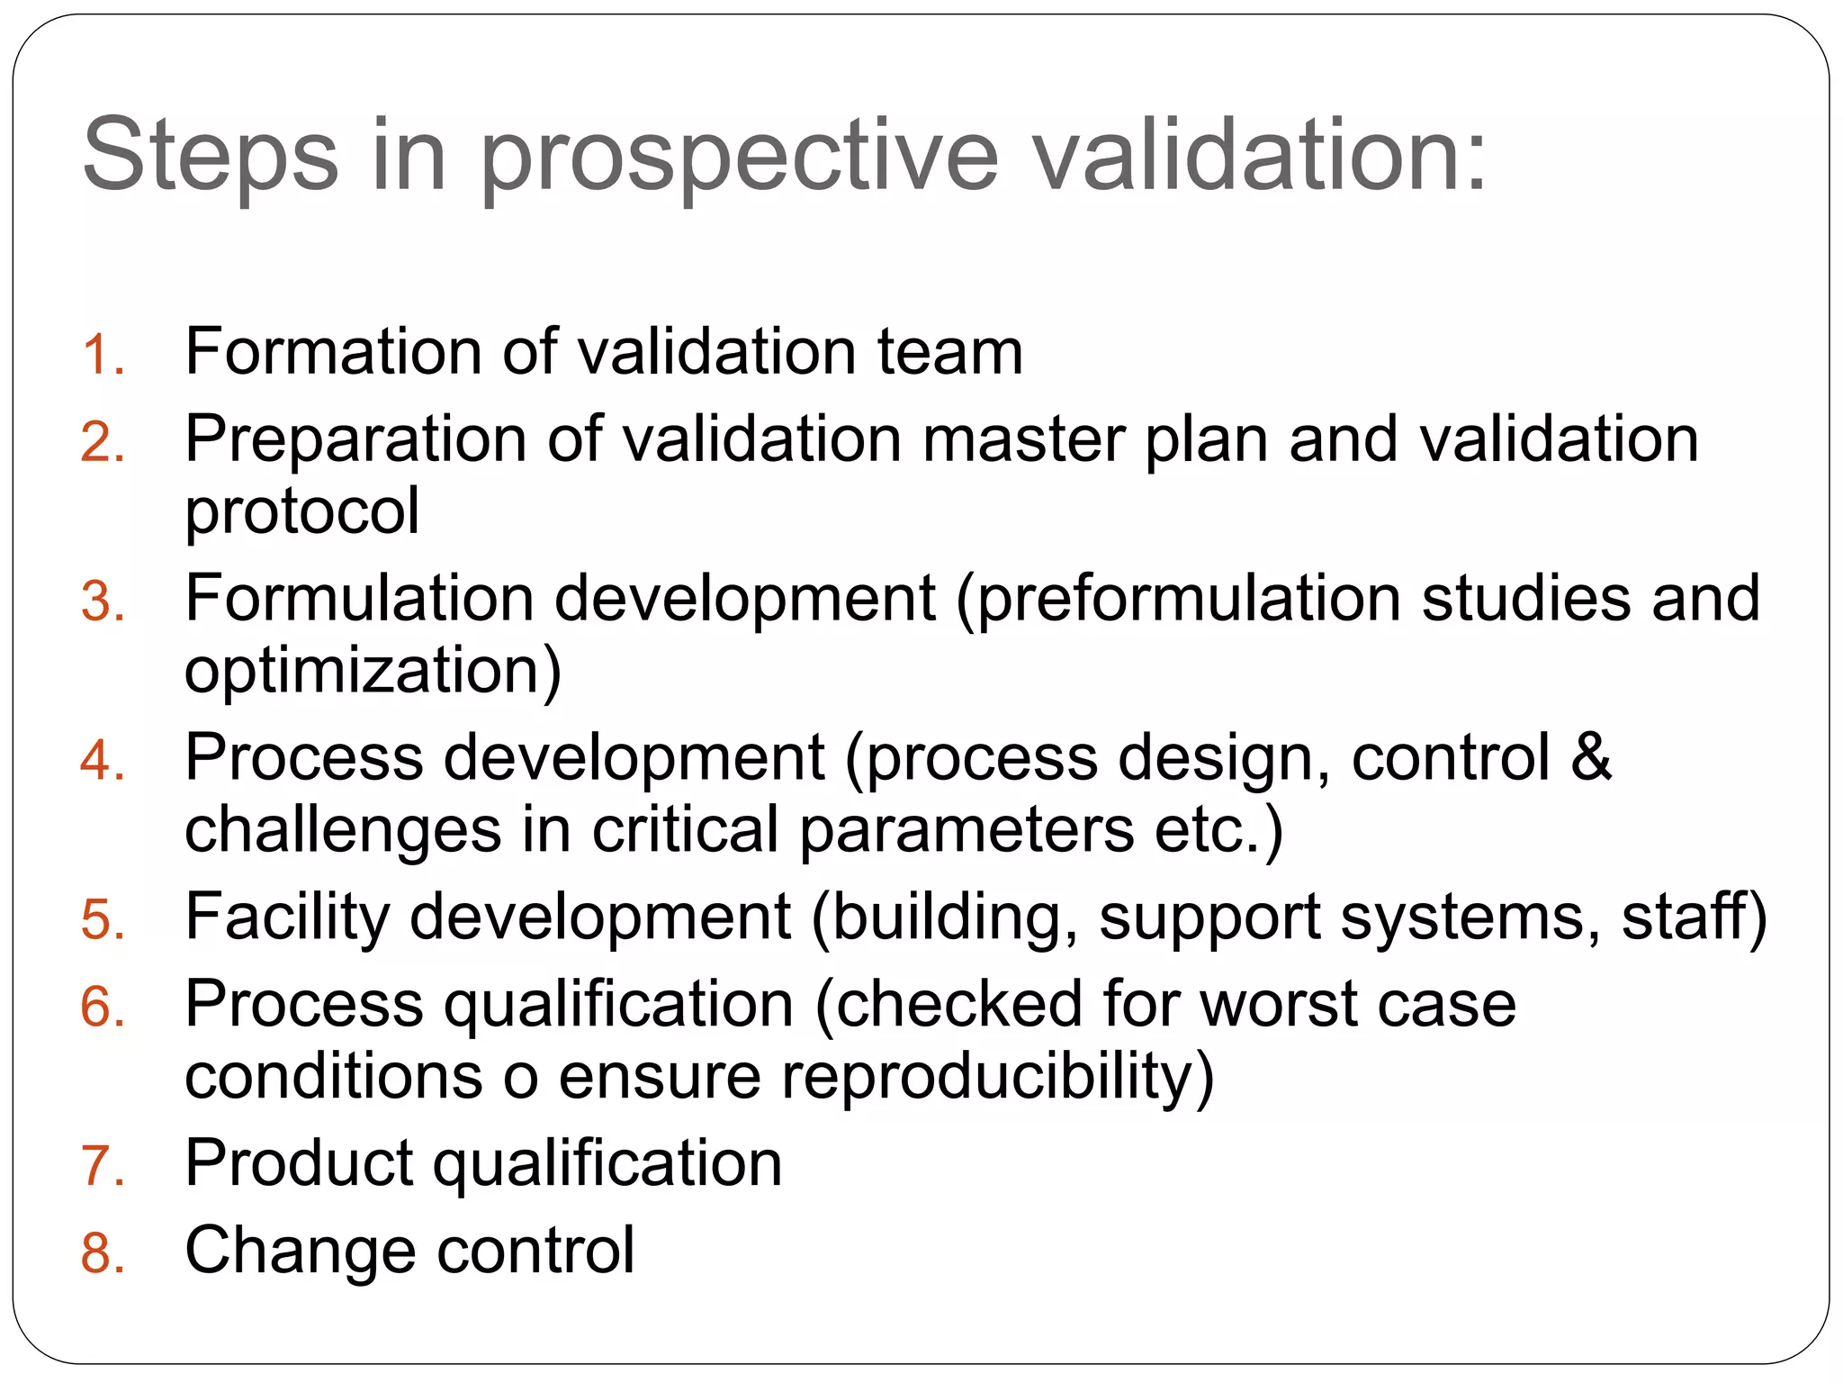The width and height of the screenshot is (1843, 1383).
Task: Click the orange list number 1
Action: point(101,354)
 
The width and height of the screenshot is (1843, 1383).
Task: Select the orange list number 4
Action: point(101,761)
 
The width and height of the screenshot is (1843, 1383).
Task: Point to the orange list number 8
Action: point(101,1253)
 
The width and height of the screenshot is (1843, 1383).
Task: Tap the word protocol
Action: point(301,511)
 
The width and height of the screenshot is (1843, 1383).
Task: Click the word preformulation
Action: point(1188,599)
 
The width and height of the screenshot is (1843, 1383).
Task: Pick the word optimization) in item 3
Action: point(373,671)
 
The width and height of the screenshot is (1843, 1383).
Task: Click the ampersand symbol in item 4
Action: point(1590,756)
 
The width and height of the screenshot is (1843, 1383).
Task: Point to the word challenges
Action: point(342,830)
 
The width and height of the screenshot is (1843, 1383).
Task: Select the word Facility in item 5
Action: point(287,917)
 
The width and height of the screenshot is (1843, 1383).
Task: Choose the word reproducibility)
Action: point(997,1077)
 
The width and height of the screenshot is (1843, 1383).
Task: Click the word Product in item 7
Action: point(298,1162)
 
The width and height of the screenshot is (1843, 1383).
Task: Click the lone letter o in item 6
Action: point(520,1078)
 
